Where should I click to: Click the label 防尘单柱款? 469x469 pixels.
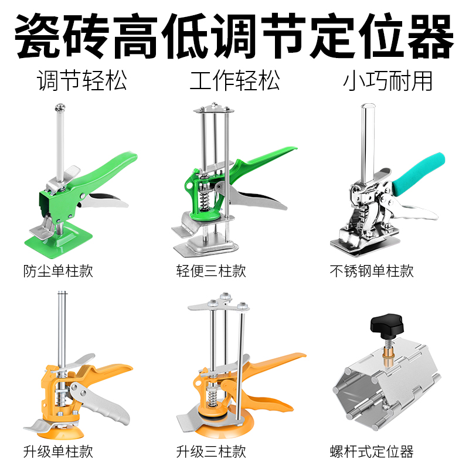click(x=58, y=271)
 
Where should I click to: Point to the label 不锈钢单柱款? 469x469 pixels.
click(x=372, y=271)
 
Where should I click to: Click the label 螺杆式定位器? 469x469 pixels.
click(x=372, y=451)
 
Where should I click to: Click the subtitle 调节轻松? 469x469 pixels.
click(x=81, y=80)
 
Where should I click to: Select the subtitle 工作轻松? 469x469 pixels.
click(x=235, y=80)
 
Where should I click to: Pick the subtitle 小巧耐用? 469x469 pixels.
click(x=388, y=80)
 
